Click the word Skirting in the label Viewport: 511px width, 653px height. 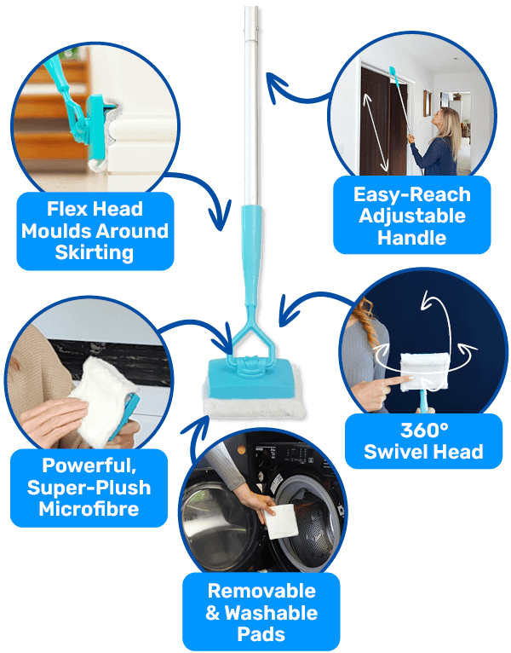[x=95, y=252]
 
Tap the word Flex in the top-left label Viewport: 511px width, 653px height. [x=71, y=209]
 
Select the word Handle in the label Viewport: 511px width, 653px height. [x=413, y=238]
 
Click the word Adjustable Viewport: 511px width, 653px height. [x=413, y=216]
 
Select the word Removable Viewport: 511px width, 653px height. [x=261, y=592]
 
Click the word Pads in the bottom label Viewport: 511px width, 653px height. [x=261, y=634]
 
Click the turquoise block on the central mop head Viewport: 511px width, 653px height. [x=249, y=376]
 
